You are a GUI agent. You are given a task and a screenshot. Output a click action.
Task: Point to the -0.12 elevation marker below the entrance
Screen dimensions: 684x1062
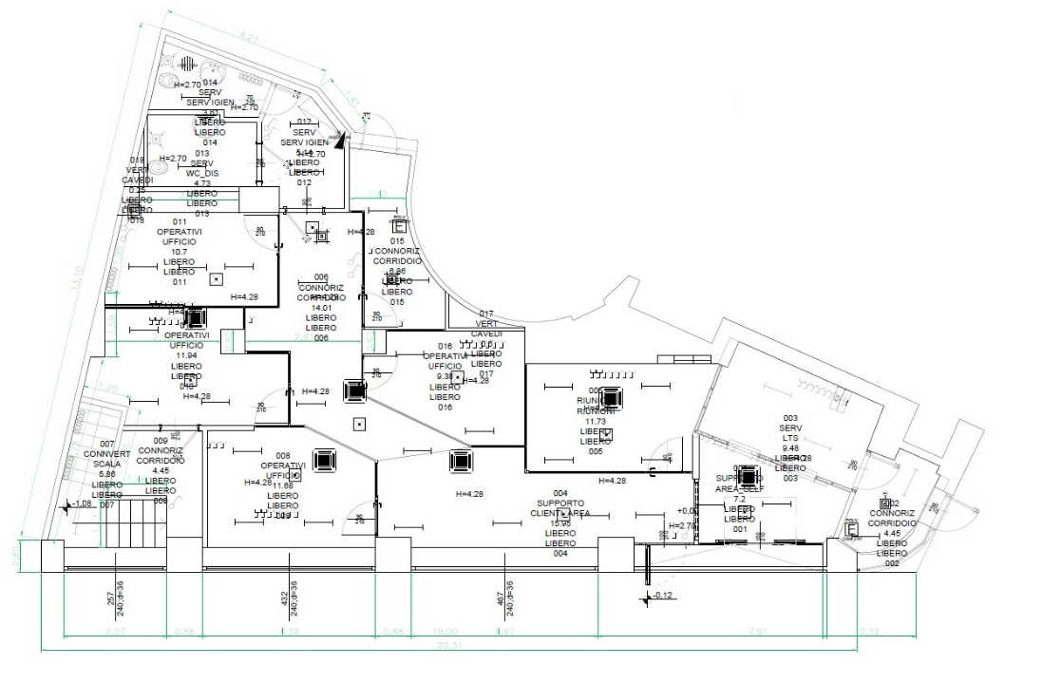(x=662, y=596)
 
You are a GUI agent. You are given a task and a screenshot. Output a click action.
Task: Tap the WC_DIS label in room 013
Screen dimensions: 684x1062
(x=201, y=173)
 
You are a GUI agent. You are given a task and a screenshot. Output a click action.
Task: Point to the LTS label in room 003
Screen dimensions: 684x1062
(x=790, y=440)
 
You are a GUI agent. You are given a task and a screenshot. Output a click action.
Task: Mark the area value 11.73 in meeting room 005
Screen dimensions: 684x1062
(x=596, y=422)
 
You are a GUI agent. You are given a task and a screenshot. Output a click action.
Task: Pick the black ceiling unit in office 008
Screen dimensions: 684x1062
(x=325, y=461)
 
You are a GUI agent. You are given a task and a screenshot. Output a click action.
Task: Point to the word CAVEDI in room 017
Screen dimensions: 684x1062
(x=486, y=333)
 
